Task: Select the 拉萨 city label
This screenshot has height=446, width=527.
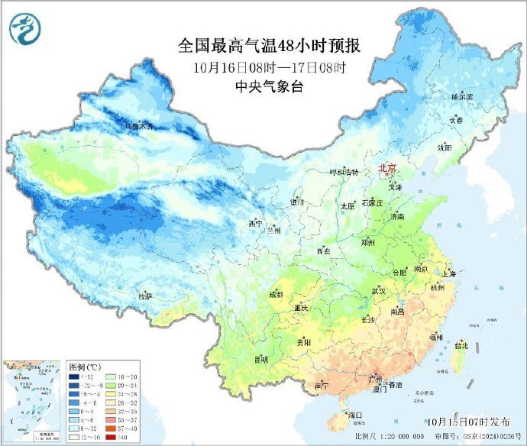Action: pos(145,296)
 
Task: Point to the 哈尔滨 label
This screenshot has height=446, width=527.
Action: pos(462,97)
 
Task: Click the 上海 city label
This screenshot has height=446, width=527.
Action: pos(449,273)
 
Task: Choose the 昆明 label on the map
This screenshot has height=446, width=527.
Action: pos(261,359)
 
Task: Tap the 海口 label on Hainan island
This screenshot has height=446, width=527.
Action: pos(354,415)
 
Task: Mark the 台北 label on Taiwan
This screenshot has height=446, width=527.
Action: pos(461,345)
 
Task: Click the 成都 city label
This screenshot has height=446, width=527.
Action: pos(276,295)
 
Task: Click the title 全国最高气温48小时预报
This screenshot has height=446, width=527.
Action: pos(270,46)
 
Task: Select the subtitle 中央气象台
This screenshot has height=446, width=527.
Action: pos(270,86)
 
